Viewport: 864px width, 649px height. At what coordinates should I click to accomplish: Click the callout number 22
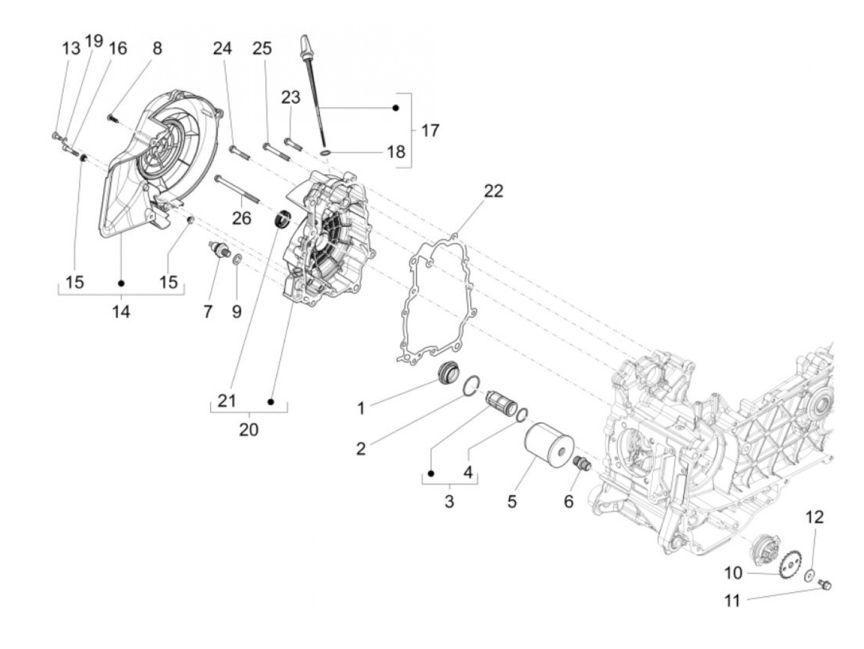[x=494, y=191]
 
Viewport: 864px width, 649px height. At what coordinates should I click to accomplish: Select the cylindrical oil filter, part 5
[x=549, y=447]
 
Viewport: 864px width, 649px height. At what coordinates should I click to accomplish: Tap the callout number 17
[x=430, y=131]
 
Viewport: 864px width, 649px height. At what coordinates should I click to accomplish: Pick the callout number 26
[x=242, y=218]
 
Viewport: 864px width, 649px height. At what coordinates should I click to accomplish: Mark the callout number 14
[x=121, y=312]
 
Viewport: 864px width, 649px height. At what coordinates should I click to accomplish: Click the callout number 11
[x=732, y=600]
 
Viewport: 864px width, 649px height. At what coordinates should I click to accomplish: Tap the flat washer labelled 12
[x=808, y=576]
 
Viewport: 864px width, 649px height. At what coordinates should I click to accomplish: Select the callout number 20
[x=249, y=429]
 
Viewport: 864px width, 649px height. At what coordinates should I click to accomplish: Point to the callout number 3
[x=449, y=501]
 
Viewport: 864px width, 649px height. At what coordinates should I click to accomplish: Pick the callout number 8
[x=157, y=48]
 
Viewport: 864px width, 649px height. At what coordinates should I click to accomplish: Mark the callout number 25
[x=262, y=48]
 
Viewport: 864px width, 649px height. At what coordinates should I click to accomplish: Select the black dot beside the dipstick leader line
[x=396, y=108]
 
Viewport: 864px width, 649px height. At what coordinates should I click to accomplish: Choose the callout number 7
[x=208, y=312]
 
